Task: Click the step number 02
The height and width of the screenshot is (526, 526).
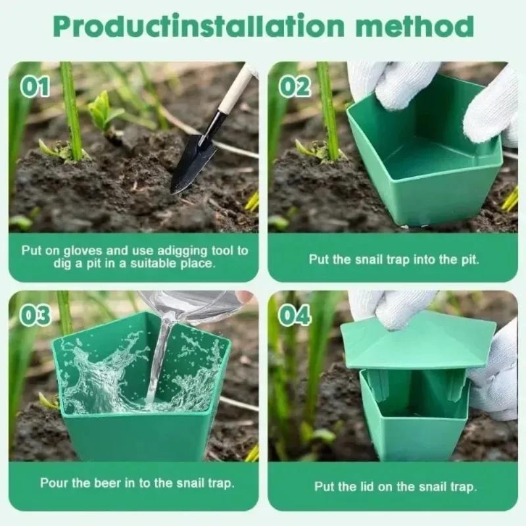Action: [295, 87]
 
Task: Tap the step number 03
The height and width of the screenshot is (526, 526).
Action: [36, 316]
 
